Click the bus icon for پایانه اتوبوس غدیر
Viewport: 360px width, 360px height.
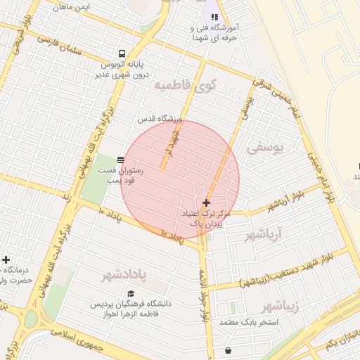[x=122, y=53]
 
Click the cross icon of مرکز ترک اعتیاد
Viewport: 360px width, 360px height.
[x=205, y=202]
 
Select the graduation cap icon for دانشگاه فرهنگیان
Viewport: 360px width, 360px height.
[x=131, y=293]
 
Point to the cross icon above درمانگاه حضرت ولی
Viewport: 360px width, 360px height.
[x=6, y=259]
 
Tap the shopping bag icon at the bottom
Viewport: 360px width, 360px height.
[x=228, y=350]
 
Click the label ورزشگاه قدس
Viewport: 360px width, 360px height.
[x=160, y=120]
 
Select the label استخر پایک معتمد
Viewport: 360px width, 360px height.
[x=250, y=323]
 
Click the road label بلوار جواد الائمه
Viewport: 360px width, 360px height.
[x=204, y=288]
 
